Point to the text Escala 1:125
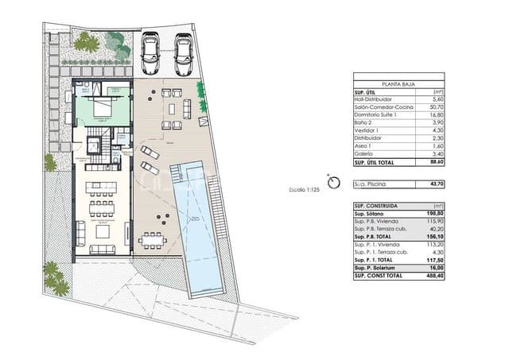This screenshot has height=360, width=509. click(305, 189)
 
